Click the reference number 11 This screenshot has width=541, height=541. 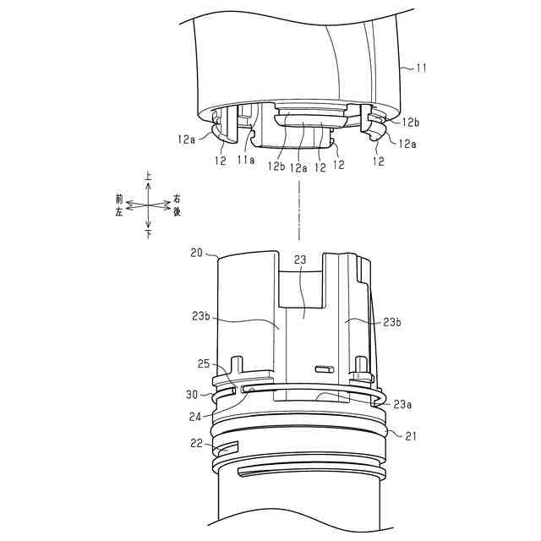[x=421, y=68]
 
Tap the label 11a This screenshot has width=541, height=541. [x=246, y=160]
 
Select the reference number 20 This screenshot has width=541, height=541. [x=196, y=253]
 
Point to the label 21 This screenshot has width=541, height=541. [x=411, y=436]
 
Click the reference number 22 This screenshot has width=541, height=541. [x=197, y=443]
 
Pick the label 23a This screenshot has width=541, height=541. [x=402, y=404]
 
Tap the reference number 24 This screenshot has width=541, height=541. [x=195, y=417]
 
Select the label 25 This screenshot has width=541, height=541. [x=204, y=363]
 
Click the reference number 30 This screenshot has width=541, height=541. [x=193, y=394]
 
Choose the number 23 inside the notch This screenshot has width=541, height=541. [x=300, y=260]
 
